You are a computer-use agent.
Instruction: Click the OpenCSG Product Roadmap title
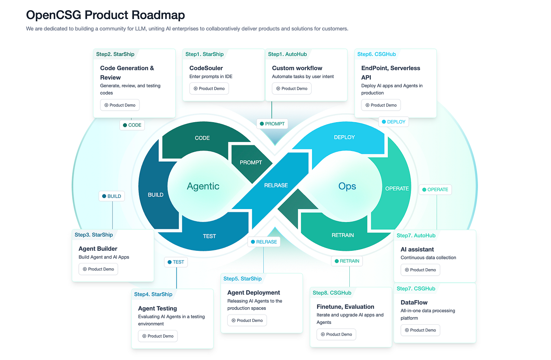(105, 15)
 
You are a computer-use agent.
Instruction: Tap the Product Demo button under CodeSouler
(209, 88)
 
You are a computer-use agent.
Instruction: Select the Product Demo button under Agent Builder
(98, 269)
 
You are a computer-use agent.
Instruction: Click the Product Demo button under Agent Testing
(158, 336)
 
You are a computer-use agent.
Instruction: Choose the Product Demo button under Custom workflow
(292, 88)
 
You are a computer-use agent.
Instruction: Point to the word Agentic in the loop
(203, 186)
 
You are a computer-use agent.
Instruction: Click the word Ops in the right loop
(347, 186)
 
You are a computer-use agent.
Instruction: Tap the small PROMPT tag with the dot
(272, 124)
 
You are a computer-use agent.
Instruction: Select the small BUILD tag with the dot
(112, 196)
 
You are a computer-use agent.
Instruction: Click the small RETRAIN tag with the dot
(347, 261)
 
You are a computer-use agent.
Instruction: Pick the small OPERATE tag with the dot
(435, 190)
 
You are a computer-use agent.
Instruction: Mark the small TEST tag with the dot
(176, 262)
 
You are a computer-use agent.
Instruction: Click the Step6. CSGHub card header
(376, 54)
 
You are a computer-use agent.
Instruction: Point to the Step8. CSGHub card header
(331, 293)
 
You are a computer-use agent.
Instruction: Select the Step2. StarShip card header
(115, 54)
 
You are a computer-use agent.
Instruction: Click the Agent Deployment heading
(254, 293)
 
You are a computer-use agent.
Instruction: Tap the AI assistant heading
(417, 249)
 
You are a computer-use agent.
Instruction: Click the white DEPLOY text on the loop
(344, 138)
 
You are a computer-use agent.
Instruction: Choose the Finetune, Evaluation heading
(345, 307)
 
